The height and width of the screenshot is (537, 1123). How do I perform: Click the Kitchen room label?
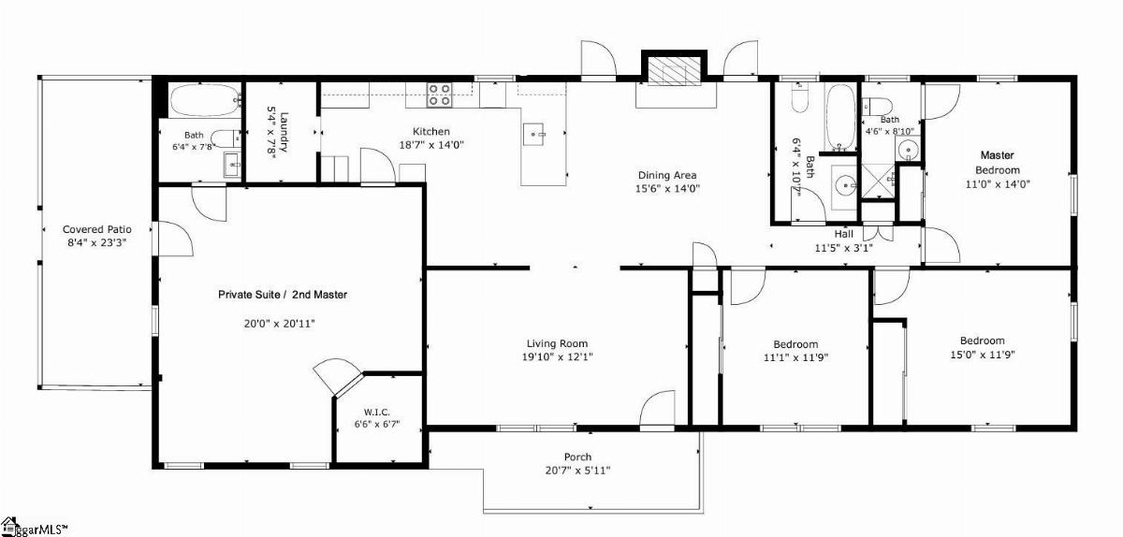430,131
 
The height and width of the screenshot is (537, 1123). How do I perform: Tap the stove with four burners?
439,94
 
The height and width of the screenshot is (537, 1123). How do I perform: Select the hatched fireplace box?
674,70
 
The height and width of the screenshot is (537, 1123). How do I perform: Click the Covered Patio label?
96,229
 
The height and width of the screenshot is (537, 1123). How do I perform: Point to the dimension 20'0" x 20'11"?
279,324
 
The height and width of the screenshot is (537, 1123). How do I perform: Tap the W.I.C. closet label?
377,413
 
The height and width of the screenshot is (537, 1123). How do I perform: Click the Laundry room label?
284,131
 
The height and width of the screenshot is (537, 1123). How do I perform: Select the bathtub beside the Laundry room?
206,100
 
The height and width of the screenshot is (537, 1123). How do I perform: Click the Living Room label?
557,343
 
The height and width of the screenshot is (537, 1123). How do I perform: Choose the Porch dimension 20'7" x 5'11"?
577,471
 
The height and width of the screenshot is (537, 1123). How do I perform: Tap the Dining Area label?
666,175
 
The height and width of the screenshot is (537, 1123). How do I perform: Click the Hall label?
844,234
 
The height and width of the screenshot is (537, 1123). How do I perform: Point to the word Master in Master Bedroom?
998,155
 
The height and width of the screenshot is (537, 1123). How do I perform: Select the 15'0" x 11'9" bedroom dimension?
982,355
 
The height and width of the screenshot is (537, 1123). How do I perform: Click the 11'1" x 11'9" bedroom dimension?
795,357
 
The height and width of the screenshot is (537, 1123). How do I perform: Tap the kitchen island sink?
533,135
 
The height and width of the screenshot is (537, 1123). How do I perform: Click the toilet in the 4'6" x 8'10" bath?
877,107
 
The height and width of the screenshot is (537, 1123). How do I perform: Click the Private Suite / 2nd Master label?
283,295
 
